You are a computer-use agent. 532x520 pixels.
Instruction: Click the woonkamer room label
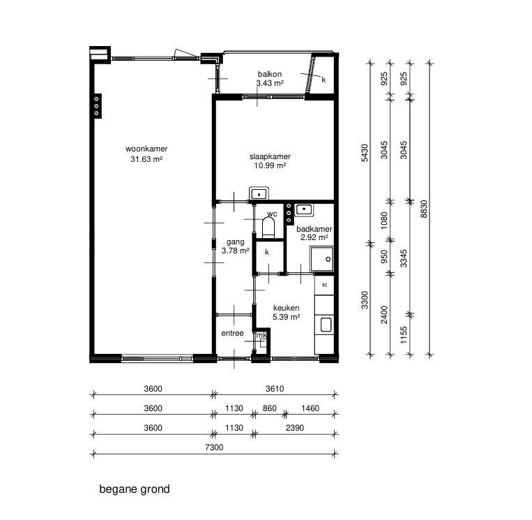[146, 149]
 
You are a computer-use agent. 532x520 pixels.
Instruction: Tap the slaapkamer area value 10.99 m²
[270, 165]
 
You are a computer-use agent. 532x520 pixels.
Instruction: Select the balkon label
[270, 74]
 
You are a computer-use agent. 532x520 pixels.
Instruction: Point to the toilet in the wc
[268, 228]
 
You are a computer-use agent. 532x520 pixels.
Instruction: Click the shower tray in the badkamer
[322, 259]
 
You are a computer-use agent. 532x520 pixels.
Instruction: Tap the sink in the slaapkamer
[259, 193]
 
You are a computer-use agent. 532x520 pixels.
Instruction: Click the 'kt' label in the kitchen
[324, 285]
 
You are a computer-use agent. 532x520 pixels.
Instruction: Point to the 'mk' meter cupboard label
[261, 336]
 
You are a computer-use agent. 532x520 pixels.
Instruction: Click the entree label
[232, 333]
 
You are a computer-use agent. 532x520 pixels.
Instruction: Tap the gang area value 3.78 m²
[236, 251]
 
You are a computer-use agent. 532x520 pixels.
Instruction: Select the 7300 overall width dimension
[214, 447]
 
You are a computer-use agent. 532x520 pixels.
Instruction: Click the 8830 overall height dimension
[424, 209]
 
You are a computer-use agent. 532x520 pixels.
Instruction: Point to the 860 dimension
[270, 408]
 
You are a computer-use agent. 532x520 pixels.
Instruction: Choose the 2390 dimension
[295, 428]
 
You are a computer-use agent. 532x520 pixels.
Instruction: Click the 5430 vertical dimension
[365, 153]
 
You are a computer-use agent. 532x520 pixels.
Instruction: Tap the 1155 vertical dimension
[404, 335]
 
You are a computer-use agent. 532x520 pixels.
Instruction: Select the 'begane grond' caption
[135, 489]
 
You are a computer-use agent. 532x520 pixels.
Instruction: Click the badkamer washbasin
[304, 210]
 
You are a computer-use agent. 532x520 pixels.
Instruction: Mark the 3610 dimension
[275, 389]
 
